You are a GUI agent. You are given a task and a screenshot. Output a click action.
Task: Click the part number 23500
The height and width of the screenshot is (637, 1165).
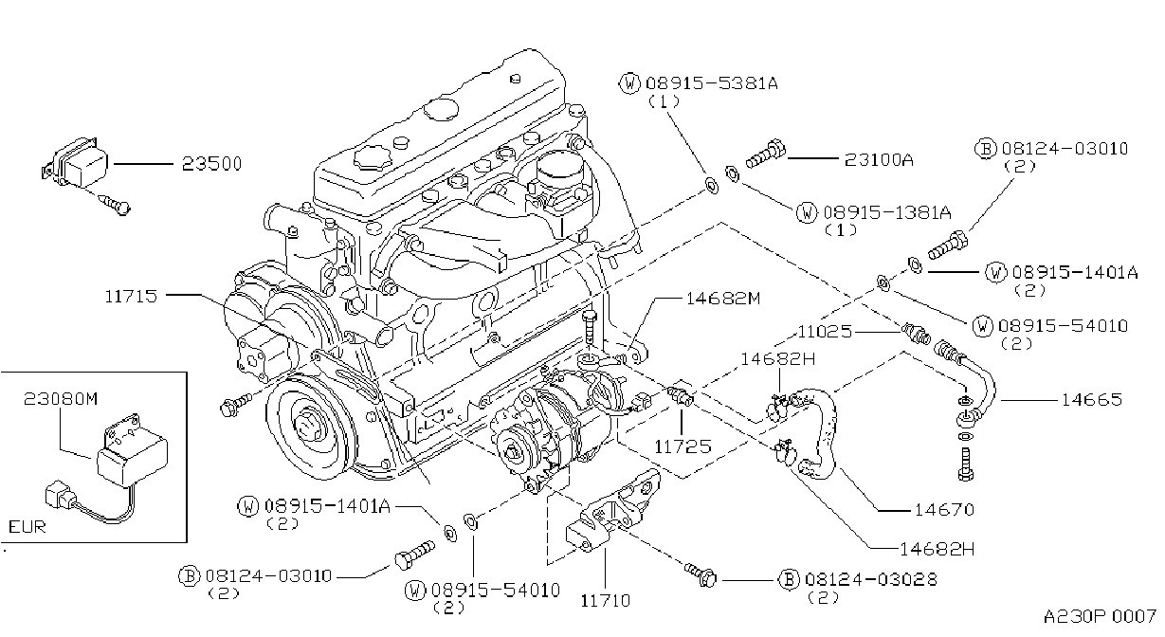pos(211,164)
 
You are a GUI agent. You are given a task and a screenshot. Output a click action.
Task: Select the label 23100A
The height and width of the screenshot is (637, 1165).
pos(879,159)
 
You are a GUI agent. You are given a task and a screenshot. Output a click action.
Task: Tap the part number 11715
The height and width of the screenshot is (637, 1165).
pos(131,296)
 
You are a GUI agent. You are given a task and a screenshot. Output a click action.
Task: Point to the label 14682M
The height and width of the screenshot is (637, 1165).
pos(723,299)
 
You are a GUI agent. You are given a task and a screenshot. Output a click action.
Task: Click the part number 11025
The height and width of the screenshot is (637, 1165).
pos(825,331)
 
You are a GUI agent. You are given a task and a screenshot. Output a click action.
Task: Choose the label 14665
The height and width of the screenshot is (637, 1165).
pos(1092,399)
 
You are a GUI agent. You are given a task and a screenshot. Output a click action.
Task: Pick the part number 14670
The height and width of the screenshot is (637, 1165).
pos(944,509)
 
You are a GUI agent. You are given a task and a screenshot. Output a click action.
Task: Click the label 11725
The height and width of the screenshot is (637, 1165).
pos(683,446)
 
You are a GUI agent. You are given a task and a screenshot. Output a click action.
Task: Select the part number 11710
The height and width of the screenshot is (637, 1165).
pos(606,601)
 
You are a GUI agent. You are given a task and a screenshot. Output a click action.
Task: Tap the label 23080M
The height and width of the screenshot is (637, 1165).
pos(61,399)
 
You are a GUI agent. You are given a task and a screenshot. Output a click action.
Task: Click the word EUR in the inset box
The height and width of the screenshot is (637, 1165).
pos(27,527)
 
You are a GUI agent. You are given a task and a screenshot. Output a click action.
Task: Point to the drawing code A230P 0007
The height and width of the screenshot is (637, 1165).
pos(1100,617)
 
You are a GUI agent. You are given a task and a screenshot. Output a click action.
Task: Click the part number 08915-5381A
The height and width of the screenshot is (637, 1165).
pos(712,83)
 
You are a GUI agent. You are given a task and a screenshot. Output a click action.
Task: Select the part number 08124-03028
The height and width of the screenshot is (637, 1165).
pos(870,579)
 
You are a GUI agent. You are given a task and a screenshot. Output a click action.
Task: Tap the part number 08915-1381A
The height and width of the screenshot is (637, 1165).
pos(887,212)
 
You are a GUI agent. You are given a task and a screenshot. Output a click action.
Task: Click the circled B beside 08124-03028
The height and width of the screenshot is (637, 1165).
pos(789,579)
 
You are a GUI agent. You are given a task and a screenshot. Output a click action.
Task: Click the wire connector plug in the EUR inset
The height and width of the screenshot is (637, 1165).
pos(58,495)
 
